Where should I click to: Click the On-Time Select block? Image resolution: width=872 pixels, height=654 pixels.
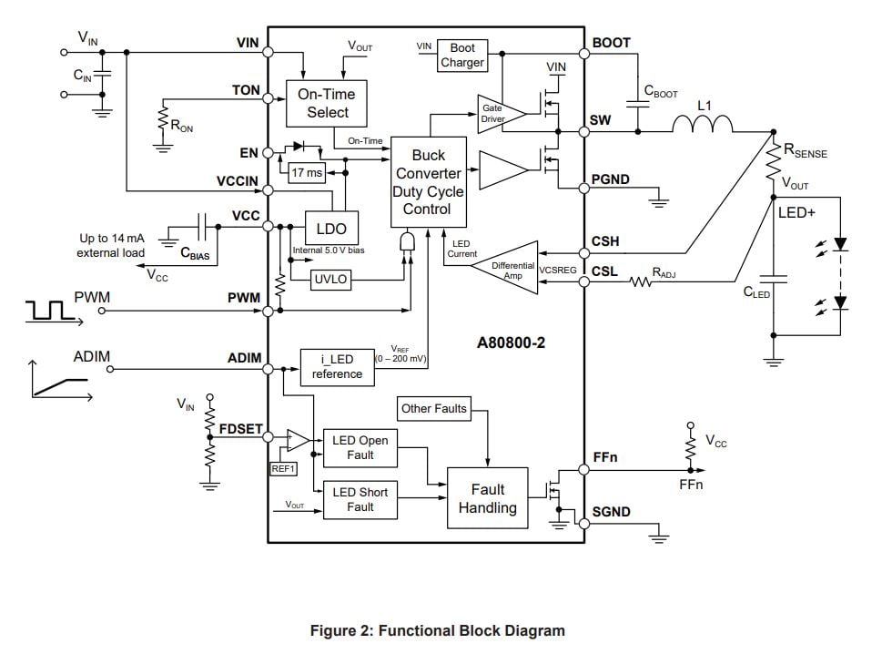[x=328, y=103]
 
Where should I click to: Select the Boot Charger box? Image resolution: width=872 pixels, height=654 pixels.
[x=462, y=56]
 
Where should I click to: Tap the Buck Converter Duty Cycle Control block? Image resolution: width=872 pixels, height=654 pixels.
[x=428, y=182]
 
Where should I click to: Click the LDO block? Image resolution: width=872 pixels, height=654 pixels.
[x=331, y=229]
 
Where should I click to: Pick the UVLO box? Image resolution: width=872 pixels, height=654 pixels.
[x=330, y=280]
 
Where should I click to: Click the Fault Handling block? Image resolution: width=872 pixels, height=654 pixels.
[x=487, y=498]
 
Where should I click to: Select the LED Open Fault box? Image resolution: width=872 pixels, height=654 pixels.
[x=360, y=447]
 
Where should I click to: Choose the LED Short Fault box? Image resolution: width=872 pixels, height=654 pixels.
[x=360, y=499]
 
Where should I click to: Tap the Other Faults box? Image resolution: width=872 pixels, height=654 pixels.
[x=433, y=409]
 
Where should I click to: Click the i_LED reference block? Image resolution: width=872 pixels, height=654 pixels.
[x=337, y=367]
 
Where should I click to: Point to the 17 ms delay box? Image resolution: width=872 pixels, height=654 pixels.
[x=307, y=173]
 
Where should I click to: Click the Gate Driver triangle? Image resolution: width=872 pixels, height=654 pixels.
[x=499, y=114]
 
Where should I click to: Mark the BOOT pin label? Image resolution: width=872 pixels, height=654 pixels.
[x=611, y=43]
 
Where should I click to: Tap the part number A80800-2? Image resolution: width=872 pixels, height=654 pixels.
[x=515, y=344]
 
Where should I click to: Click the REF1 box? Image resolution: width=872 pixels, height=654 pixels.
[x=283, y=469]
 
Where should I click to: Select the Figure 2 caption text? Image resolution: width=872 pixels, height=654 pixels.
[x=437, y=630]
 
